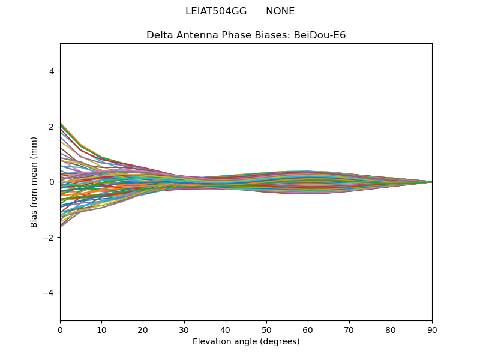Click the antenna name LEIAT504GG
click(x=216, y=11)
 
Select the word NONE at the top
click(x=280, y=11)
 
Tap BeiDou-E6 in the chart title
click(x=320, y=35)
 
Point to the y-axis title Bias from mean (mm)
click(x=34, y=182)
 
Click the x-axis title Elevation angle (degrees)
click(x=246, y=341)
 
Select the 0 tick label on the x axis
click(x=61, y=331)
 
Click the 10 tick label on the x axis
click(x=101, y=331)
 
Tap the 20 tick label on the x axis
click(x=143, y=331)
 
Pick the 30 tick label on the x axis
click(x=184, y=331)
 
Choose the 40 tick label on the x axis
click(x=226, y=331)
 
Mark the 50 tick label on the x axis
click(x=267, y=331)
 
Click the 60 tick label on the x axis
click(x=308, y=331)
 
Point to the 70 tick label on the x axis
click(x=350, y=331)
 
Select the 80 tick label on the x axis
click(x=391, y=331)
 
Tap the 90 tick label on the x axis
click(x=432, y=331)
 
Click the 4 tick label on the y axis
click(x=52, y=71)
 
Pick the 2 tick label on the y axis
click(x=52, y=127)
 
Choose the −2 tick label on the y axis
click(x=48, y=238)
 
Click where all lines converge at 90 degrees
click(x=432, y=182)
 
